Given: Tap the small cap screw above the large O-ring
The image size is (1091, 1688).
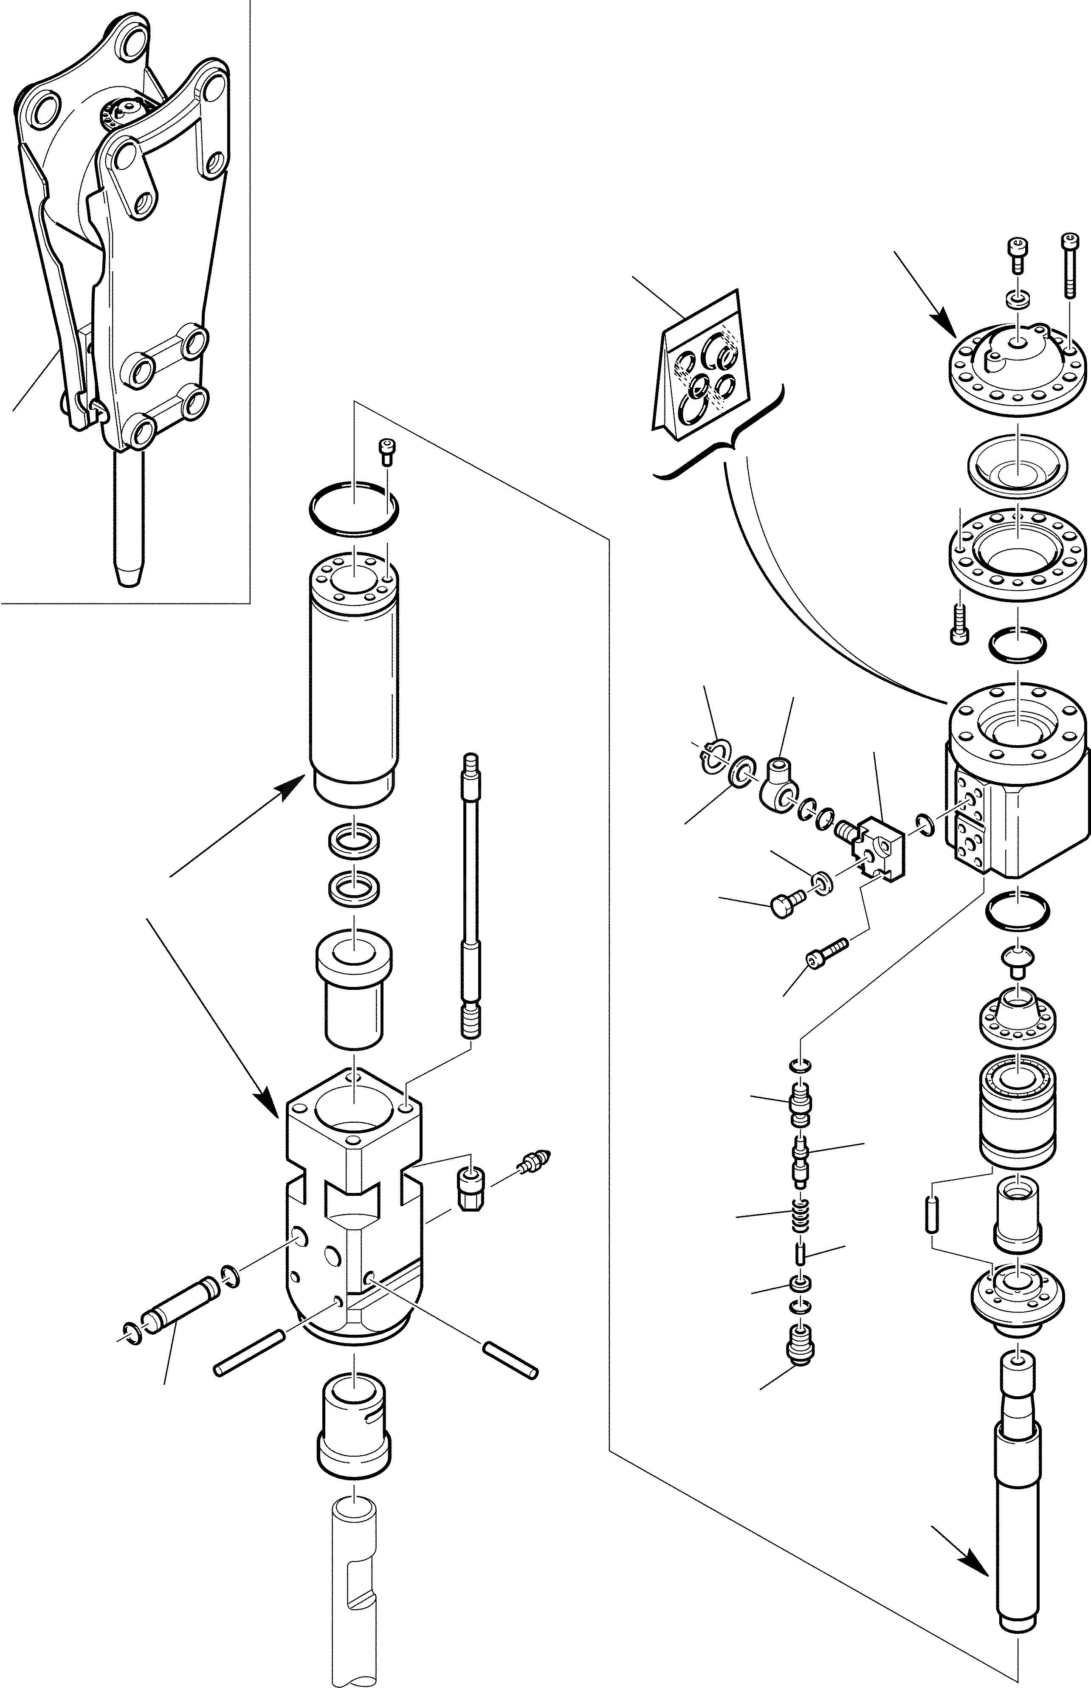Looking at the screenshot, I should (x=387, y=451).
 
